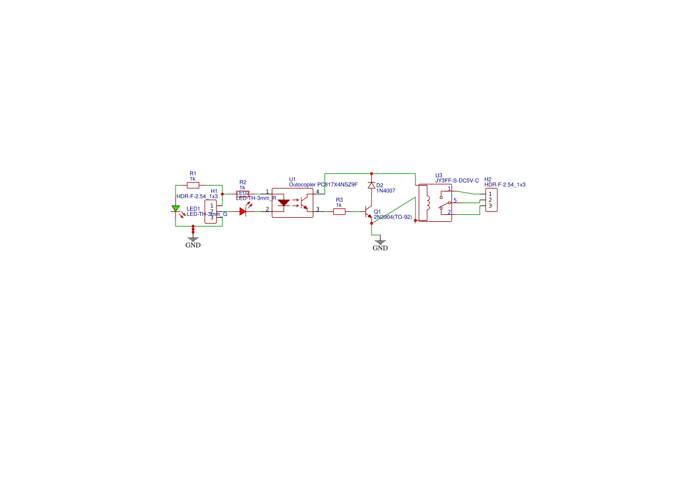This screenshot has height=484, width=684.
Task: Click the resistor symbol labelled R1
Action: tap(193, 184)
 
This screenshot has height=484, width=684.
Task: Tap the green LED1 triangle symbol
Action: tap(176, 208)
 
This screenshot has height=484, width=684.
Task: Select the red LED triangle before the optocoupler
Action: tap(243, 211)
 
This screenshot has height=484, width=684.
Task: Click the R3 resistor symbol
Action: tap(339, 211)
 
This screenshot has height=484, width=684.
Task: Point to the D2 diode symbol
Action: tap(371, 185)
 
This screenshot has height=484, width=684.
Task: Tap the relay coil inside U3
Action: tap(427, 202)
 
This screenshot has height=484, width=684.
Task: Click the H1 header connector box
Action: tap(211, 211)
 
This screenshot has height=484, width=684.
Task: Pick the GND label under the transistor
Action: tap(380, 248)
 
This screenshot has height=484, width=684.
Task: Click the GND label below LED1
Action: tap(193, 245)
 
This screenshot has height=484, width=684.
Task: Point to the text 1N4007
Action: tap(386, 191)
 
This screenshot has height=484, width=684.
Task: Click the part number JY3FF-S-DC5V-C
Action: tap(457, 180)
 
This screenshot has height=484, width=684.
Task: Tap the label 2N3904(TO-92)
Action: tap(393, 217)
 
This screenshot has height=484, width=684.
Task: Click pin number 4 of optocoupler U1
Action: tap(318, 191)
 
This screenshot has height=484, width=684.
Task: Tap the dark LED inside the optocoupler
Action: tap(284, 203)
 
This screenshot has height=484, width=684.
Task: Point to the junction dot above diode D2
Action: tap(371, 173)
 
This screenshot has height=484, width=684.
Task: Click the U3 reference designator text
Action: tap(439, 175)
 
